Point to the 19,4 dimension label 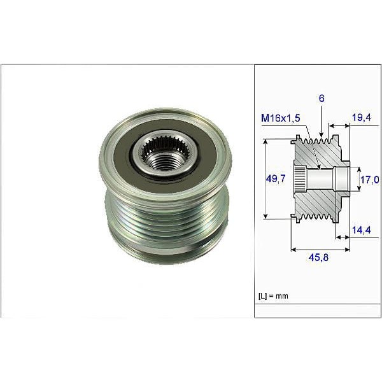(360, 117)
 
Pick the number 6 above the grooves (323, 100)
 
